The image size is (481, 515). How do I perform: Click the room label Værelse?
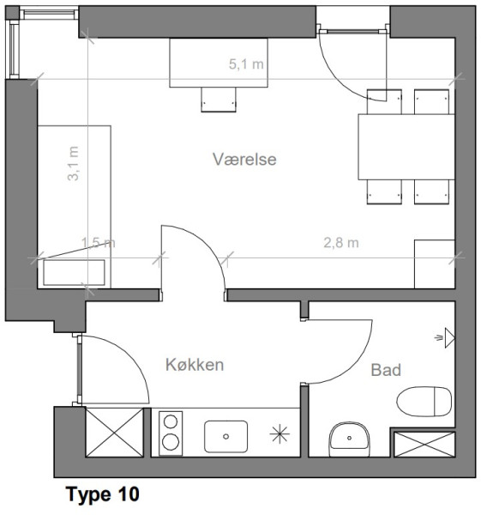[x=244, y=160]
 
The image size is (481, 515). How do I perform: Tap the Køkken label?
[x=195, y=365]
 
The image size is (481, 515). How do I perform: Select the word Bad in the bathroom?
[x=386, y=370]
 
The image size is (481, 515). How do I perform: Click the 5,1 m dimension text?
[x=246, y=64]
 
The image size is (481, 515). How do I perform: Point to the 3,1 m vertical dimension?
[x=73, y=163]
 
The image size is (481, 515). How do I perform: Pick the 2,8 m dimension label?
[x=341, y=243]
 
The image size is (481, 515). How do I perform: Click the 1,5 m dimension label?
[x=98, y=243]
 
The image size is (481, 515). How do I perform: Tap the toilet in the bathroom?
[x=424, y=402]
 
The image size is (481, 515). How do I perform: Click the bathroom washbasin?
[x=349, y=439]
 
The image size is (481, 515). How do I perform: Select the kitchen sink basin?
[x=225, y=437]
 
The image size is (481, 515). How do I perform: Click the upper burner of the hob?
[x=171, y=421]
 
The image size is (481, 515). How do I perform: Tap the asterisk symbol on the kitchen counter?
[x=280, y=434]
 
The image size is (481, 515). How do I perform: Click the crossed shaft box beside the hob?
[x=115, y=433]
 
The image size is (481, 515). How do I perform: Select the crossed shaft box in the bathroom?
[x=424, y=445]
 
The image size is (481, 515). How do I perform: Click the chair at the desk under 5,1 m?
[x=219, y=100]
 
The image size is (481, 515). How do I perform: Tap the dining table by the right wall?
[x=406, y=147]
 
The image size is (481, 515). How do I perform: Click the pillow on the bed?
[x=74, y=273]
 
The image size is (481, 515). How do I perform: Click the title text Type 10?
[x=103, y=494]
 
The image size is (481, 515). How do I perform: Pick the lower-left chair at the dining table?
[x=384, y=191]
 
